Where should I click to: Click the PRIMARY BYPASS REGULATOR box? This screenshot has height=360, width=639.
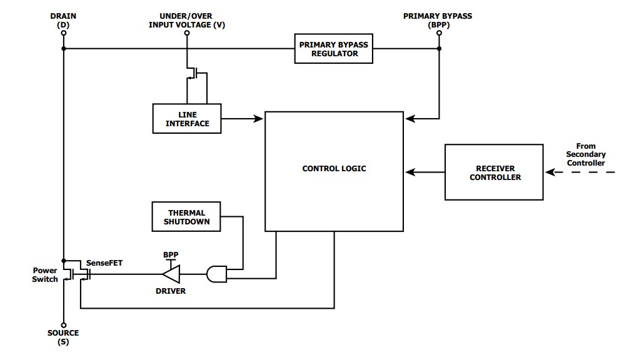click(x=334, y=49)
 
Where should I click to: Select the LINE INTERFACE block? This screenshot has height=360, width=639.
click(x=189, y=118)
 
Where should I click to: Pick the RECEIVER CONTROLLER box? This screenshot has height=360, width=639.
click(x=493, y=172)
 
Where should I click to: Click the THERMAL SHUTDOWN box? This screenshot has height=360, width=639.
click(x=186, y=216)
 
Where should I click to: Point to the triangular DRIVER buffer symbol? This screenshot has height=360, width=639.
click(x=170, y=274)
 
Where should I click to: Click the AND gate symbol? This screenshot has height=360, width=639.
click(x=216, y=274)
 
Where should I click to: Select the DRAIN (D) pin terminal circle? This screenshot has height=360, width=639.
click(x=63, y=32)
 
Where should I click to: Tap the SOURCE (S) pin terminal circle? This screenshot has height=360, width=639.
click(x=63, y=323)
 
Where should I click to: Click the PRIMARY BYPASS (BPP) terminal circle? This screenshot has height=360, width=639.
click(x=438, y=32)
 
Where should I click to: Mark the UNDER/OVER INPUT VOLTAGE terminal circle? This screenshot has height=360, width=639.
click(x=187, y=32)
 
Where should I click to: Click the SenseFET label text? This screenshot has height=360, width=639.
click(x=104, y=263)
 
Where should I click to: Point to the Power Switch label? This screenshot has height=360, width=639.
click(x=45, y=275)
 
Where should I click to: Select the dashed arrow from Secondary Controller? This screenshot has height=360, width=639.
click(x=581, y=172)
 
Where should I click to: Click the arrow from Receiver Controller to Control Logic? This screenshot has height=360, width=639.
click(x=425, y=172)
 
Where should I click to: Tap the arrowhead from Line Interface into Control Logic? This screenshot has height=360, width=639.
click(x=259, y=118)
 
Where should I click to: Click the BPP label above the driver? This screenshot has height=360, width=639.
click(x=170, y=255)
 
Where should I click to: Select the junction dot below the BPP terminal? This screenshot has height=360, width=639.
click(x=438, y=49)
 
